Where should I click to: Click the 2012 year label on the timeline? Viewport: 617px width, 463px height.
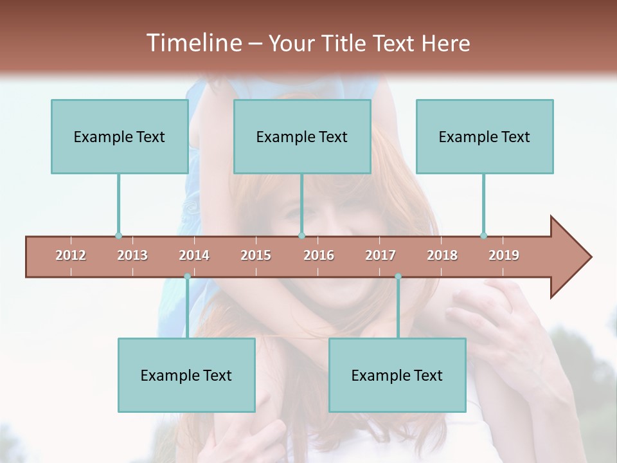tap(71, 255)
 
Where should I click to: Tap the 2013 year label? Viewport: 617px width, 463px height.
tap(132, 255)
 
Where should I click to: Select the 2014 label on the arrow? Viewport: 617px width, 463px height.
tap(194, 255)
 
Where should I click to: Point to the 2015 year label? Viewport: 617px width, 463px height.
tap(256, 255)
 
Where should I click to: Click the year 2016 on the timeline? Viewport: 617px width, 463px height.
tap(319, 255)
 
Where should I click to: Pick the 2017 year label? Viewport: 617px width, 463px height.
tap(380, 255)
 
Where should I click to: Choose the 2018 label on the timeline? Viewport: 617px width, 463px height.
tap(442, 255)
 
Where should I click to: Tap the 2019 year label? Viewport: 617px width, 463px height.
tap(504, 255)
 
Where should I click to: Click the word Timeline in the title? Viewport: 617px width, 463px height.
tap(192, 43)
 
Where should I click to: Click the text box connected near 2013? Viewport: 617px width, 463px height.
tap(120, 136)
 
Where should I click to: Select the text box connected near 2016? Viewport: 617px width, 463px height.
tap(302, 136)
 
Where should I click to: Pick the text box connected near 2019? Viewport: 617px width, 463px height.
tap(485, 136)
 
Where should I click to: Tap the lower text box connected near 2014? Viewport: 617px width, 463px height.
tap(186, 375)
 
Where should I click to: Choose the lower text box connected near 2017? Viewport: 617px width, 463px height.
tap(397, 375)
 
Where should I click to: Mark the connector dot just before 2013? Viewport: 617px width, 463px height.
tap(118, 235)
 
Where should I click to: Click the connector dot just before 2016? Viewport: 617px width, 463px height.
tap(301, 235)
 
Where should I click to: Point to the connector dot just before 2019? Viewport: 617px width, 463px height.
tap(483, 235)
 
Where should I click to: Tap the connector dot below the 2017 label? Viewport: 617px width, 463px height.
tap(398, 277)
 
